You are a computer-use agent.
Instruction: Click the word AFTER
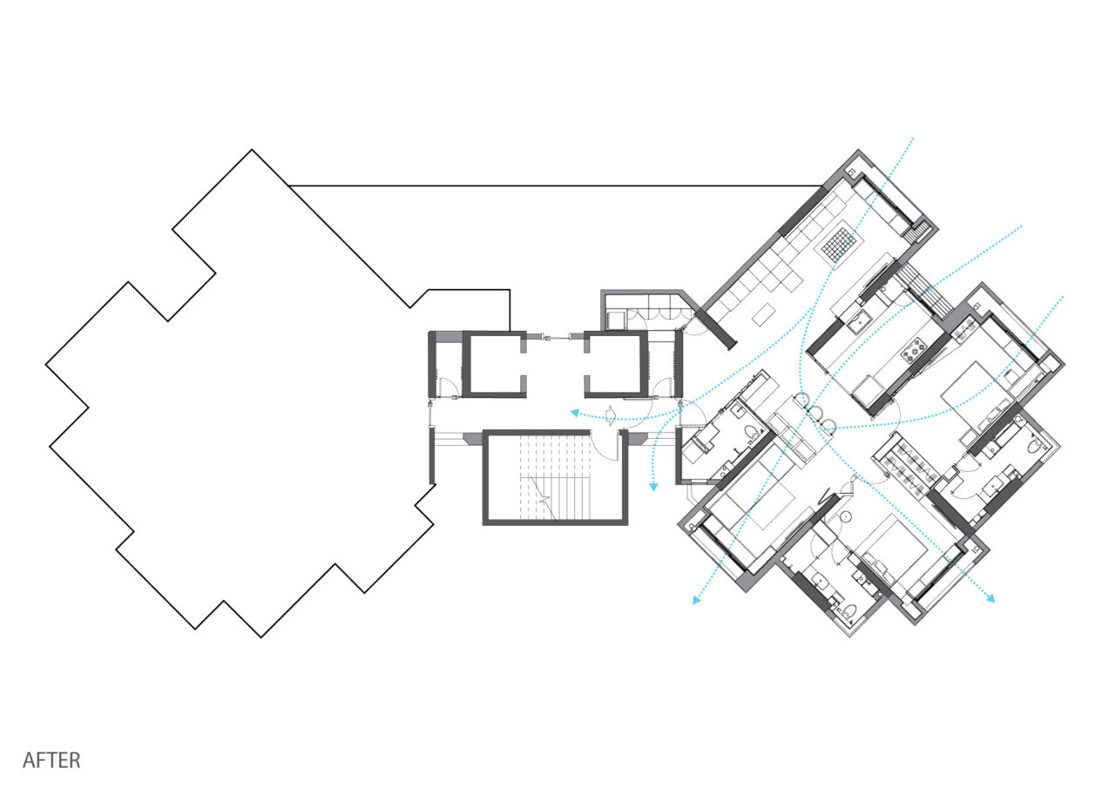click(x=51, y=759)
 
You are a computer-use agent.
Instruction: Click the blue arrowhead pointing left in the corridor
click(x=575, y=413)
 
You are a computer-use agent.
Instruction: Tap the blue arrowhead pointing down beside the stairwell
click(x=653, y=487)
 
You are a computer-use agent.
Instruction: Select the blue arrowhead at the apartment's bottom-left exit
click(x=697, y=600)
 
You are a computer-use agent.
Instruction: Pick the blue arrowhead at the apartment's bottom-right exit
click(x=990, y=598)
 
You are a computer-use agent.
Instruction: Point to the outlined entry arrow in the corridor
click(x=611, y=414)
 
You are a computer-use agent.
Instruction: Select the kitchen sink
click(x=858, y=321)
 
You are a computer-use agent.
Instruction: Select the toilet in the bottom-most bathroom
click(x=849, y=611)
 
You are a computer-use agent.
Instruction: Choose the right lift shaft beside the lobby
click(x=616, y=364)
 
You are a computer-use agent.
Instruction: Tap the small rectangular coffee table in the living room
click(x=764, y=314)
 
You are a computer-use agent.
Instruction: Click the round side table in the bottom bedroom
click(x=844, y=517)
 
